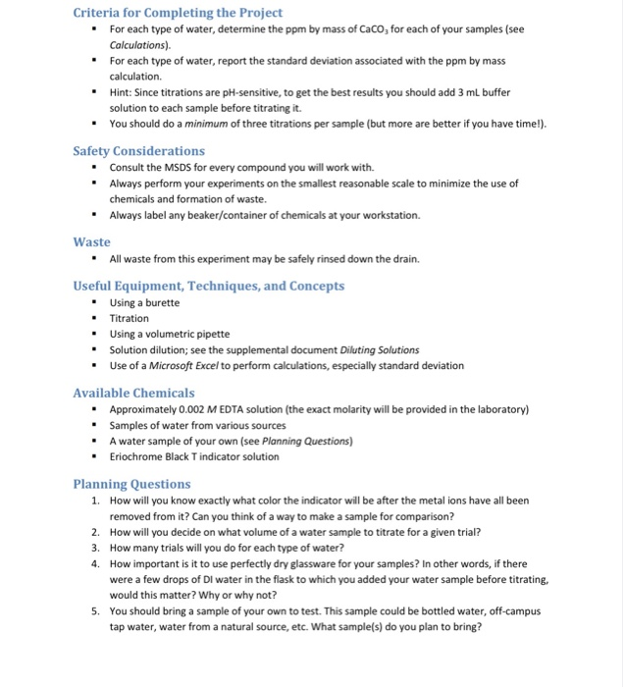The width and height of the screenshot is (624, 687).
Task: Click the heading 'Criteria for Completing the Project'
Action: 178,13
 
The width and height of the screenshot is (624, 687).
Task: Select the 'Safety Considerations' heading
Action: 139,151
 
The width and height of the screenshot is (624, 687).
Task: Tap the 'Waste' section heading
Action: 92,241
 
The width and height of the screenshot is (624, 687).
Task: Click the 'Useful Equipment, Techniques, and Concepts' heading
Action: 209,286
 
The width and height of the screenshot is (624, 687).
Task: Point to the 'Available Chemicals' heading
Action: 133,393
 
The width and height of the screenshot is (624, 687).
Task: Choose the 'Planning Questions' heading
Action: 132,484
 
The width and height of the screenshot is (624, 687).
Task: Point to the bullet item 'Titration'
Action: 130,318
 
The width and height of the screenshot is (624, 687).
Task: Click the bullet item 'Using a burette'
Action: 144,302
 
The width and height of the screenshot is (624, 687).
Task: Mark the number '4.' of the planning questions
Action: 96,564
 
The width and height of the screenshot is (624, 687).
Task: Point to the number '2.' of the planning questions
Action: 96,532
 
